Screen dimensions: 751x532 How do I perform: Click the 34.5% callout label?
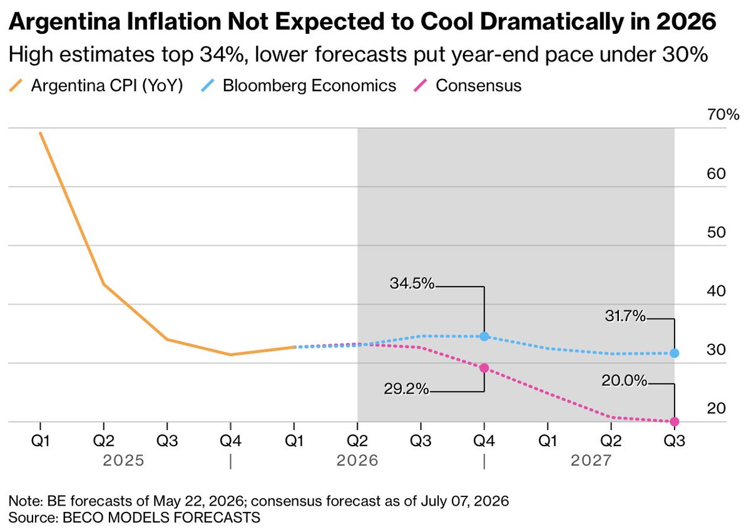[x=412, y=284]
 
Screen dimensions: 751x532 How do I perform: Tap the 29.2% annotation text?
[x=406, y=389]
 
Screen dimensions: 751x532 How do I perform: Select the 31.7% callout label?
[x=625, y=316]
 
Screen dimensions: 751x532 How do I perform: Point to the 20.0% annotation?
[x=624, y=381]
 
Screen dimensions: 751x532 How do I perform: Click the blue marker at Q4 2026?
[x=484, y=336]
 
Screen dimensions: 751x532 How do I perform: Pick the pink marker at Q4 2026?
[x=484, y=368]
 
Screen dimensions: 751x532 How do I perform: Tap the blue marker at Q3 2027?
[x=675, y=353]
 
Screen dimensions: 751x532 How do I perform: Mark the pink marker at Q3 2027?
[x=675, y=421]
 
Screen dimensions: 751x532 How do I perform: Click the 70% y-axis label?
[x=723, y=115]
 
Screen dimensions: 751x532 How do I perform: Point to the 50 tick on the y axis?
[x=716, y=232]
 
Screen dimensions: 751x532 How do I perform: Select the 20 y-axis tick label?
[x=716, y=408]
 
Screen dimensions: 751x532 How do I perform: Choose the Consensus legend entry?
[x=467, y=86]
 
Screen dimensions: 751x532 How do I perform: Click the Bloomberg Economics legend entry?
[x=299, y=86]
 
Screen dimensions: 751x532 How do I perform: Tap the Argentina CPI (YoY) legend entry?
[x=96, y=86]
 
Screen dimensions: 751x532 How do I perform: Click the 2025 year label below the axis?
[x=123, y=461]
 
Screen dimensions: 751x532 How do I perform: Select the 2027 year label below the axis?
[x=591, y=461]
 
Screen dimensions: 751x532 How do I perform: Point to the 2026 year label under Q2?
[x=357, y=461]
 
